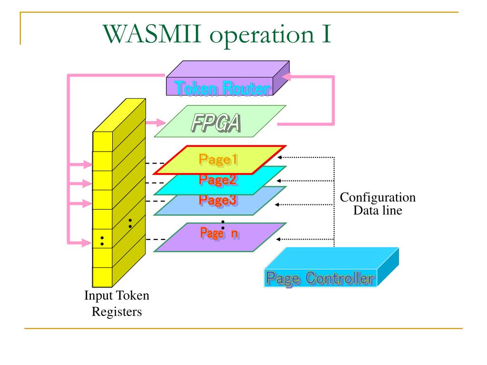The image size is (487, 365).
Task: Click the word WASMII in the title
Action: [x=152, y=34]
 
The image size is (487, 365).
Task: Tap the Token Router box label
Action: [x=223, y=88]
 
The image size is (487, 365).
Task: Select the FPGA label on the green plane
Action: [x=216, y=123]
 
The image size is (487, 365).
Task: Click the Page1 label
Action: [x=218, y=160]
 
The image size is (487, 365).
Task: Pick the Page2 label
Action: [x=218, y=180]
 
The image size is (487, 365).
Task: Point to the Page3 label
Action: [x=218, y=200]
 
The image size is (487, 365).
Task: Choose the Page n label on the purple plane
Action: [x=220, y=233]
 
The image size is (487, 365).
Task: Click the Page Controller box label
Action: [x=320, y=279]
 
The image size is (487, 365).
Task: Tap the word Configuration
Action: [x=378, y=197]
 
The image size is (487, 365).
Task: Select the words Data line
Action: [x=378, y=211]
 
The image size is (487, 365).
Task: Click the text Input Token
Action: [x=117, y=296]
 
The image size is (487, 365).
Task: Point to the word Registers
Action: [x=117, y=312]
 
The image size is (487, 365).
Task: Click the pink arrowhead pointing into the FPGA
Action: [x=161, y=123]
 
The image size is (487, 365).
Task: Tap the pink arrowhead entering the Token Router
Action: [x=286, y=77]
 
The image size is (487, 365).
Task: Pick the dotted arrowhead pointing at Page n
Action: [x=278, y=240]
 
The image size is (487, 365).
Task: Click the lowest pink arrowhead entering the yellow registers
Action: [x=88, y=242]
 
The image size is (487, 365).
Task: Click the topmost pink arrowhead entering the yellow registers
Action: [x=88, y=164]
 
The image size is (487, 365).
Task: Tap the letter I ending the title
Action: [x=326, y=34]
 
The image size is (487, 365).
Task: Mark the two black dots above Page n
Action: [x=223, y=225]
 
